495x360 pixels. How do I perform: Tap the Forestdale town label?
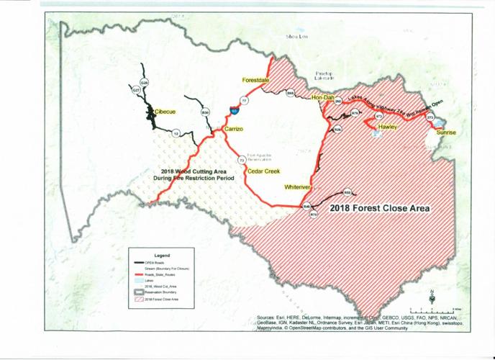coord(255,80)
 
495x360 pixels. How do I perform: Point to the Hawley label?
coord(388,127)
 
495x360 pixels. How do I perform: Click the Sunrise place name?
coord(446,133)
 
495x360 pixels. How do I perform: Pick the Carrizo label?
coord(235,128)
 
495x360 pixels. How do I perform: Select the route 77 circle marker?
coord(245,102)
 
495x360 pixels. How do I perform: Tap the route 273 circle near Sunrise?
coord(430,117)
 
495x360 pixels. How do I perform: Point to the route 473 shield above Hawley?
coord(378,115)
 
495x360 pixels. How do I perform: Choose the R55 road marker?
coord(347,192)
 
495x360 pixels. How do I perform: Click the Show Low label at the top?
coord(297,35)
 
